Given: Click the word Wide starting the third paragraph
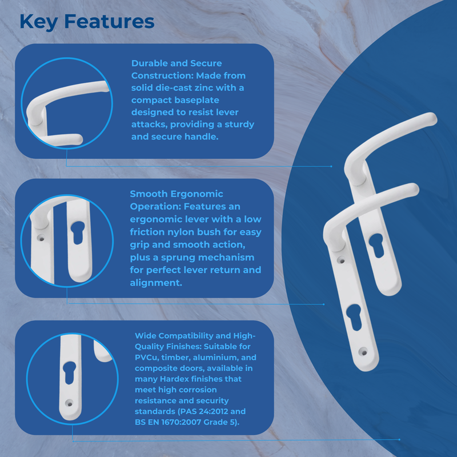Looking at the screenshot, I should pyautogui.click(x=145, y=335).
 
